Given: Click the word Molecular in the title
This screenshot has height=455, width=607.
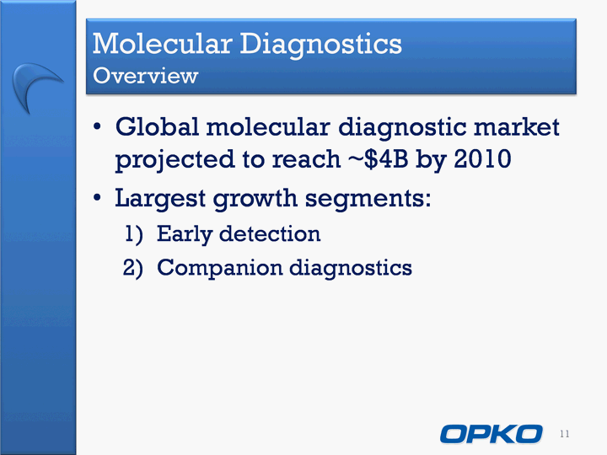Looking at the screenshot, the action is point(163,43).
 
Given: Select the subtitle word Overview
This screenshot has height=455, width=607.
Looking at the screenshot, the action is point(146,76).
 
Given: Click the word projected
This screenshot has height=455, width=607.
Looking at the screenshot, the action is point(175,160).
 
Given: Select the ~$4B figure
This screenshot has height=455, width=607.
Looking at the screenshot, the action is point(379,159).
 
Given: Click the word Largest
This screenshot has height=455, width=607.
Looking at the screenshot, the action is point(160,199).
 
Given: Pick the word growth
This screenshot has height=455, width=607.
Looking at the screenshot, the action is point(255,199).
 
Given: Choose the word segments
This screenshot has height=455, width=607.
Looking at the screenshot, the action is point(368,199).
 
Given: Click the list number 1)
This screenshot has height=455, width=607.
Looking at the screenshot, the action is point(134,234).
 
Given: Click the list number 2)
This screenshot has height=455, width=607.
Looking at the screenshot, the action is point(133,268).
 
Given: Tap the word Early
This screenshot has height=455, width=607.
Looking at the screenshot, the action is point(185,234).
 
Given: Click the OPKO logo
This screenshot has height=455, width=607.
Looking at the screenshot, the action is point(491,434).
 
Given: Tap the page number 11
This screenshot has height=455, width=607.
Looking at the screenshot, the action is point(564,434).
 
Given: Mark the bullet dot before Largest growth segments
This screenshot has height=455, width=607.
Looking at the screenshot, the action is point(97,198).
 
